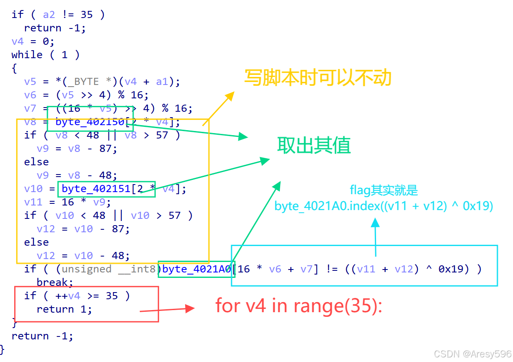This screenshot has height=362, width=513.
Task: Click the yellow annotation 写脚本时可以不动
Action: pos(317,78)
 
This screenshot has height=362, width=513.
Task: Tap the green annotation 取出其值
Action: pos(314,145)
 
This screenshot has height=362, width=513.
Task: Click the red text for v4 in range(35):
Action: pos(299,306)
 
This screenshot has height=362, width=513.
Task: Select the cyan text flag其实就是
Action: pos(384,190)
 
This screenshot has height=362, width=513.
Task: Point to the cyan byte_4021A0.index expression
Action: pos(384,206)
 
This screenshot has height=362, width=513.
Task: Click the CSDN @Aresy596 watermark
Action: pos(472,354)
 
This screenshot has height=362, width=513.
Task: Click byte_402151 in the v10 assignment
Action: pos(96,189)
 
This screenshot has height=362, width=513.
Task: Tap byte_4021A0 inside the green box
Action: pos(196,269)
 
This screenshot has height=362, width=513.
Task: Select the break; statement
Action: pos(55,282)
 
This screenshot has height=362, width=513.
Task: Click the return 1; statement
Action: pos(64,309)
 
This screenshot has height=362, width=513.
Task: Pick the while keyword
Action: pos(27,55)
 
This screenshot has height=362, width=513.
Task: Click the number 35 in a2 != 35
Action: pos(86,15)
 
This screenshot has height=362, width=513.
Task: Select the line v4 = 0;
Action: pos(33,41)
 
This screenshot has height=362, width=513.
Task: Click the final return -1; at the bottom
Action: pos(42,336)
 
